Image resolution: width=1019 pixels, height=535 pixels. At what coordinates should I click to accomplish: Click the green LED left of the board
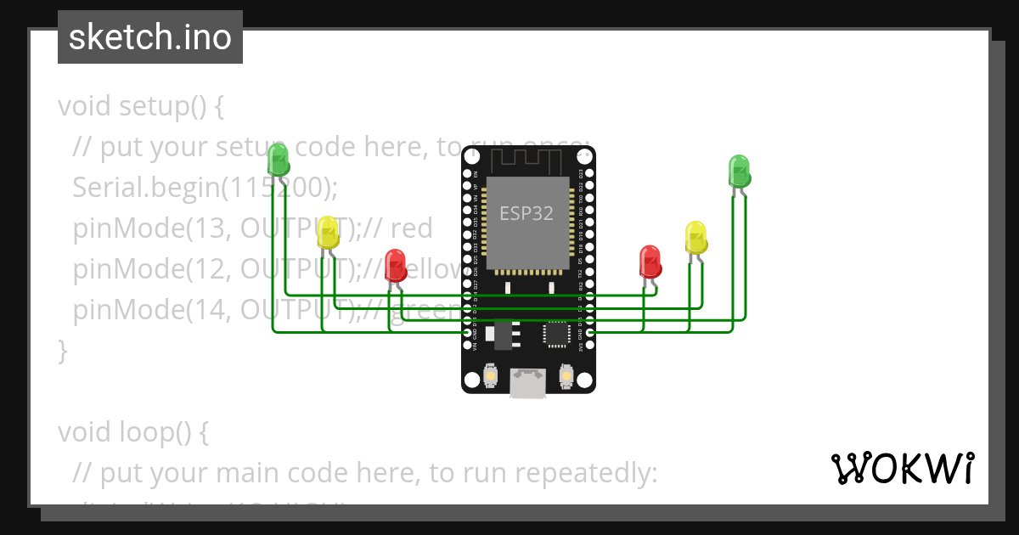click(278, 160)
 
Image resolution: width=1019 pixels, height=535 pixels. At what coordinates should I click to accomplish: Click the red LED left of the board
click(395, 265)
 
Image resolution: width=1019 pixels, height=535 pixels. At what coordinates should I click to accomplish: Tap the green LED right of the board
click(739, 172)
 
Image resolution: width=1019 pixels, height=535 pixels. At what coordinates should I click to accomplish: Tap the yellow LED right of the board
click(695, 238)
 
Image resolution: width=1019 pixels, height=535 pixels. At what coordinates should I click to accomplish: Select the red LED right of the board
click(650, 262)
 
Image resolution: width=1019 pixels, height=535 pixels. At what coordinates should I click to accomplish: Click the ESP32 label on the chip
click(526, 213)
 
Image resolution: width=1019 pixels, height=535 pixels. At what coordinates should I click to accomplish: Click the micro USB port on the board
click(527, 383)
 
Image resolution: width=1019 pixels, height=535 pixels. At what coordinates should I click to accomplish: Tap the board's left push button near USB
click(490, 374)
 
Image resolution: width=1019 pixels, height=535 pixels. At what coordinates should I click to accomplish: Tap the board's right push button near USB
click(566, 374)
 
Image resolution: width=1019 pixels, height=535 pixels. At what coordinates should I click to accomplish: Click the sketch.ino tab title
click(150, 37)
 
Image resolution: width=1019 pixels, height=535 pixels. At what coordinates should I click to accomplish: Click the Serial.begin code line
click(205, 187)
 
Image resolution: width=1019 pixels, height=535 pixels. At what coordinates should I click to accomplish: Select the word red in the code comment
click(412, 228)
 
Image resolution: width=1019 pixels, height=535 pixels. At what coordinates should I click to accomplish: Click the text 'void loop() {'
click(132, 432)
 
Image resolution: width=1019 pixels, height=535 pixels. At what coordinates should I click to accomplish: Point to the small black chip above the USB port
click(556, 334)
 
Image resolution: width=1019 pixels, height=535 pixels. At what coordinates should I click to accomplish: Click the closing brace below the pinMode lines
click(62, 350)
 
